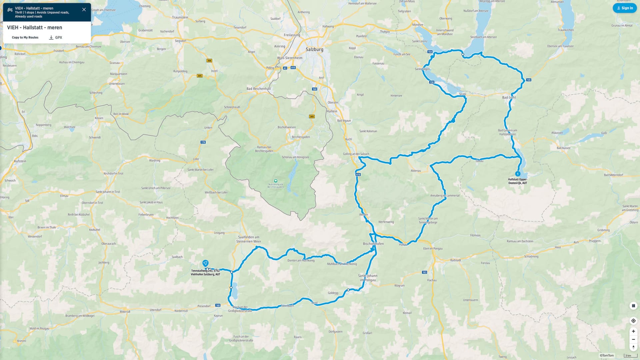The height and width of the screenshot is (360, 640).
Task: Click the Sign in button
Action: coord(624,8)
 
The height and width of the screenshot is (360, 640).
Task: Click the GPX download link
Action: coord(56,37)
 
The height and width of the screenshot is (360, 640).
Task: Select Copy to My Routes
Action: coord(25,37)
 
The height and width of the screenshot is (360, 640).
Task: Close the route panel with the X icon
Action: coord(84,9)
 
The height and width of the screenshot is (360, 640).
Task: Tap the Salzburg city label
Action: coord(314,49)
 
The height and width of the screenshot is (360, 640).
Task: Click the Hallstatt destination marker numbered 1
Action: coord(517,174)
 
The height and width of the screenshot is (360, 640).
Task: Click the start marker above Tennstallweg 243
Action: coord(205,263)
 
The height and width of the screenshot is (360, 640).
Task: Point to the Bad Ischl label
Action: coord(509,97)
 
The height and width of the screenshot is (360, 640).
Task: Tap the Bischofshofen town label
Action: coord(373,244)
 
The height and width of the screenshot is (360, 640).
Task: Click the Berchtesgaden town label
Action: coord(300,137)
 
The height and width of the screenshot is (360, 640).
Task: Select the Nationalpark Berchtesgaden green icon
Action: coord(275,181)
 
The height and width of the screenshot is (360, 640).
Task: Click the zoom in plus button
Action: coord(633,331)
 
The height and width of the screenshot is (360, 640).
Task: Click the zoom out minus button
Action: coord(633,339)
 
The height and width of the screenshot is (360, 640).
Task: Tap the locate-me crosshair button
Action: coord(633,321)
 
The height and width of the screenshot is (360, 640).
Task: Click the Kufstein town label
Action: coord(20,161)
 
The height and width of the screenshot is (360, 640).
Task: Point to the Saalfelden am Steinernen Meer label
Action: coord(249,239)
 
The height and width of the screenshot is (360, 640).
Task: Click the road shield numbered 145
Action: coord(529,80)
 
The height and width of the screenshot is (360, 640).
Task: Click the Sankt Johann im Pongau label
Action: coord(368,278)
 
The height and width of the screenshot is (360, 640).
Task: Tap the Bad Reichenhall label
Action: coord(258,89)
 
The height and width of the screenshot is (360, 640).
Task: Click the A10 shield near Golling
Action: coord(358,174)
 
